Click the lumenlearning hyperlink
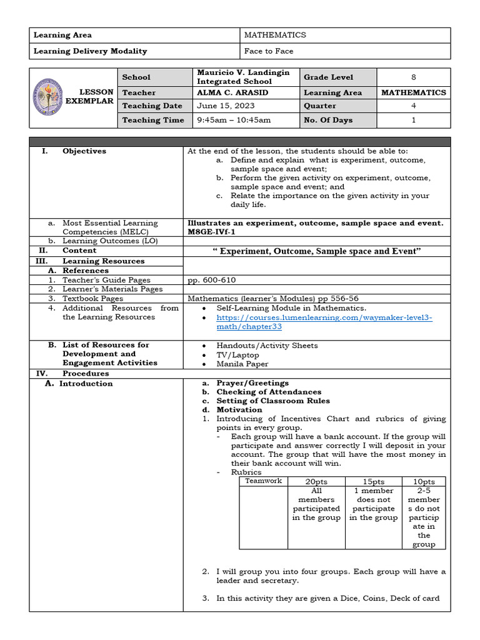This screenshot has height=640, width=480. point(324,322)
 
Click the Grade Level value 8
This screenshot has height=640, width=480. point(413,77)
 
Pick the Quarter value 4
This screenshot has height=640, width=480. point(413,106)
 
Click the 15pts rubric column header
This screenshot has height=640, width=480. point(373,482)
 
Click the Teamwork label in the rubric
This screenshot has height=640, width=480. point(263,481)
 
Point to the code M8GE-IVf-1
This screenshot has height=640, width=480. point(212,232)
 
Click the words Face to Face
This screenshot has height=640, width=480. point(269,51)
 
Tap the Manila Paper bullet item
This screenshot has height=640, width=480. point(242,364)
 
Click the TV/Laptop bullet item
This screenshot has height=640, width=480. point(237,355)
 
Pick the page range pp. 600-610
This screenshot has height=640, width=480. point(211,280)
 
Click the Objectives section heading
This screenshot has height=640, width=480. point(84,151)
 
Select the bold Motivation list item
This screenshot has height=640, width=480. point(239,410)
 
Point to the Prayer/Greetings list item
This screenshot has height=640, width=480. point(252,383)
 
